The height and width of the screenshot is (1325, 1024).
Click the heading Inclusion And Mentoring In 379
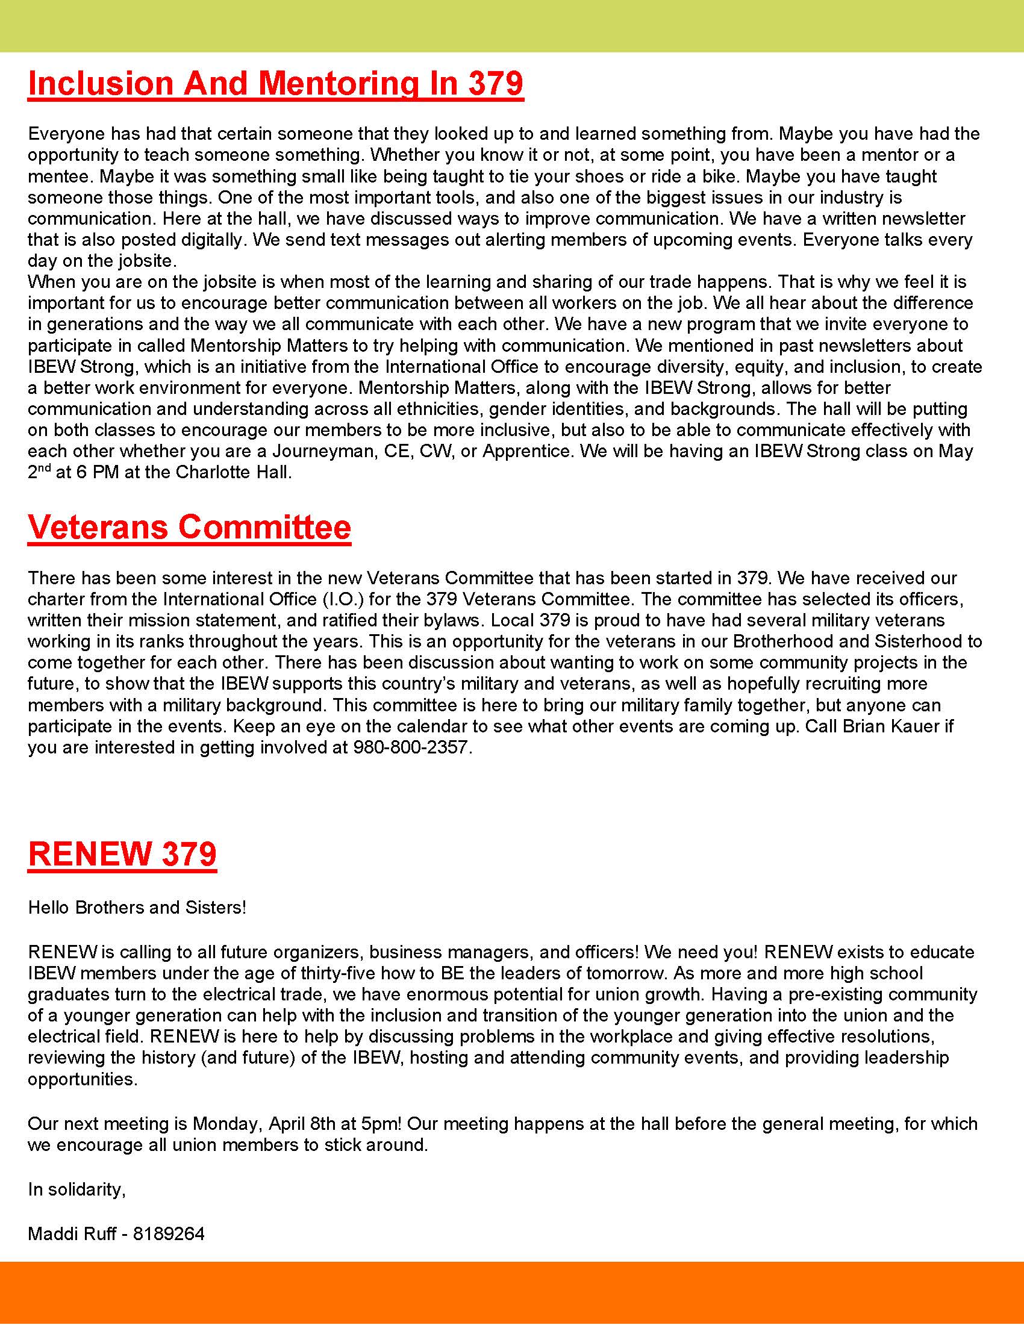[275, 83]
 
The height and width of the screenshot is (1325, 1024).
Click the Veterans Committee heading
[189, 526]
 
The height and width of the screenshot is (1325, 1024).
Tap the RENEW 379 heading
[122, 853]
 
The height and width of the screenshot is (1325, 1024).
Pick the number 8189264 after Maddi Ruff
[169, 1233]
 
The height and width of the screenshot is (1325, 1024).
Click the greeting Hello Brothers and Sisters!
[137, 908]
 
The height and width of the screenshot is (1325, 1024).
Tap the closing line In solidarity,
[76, 1189]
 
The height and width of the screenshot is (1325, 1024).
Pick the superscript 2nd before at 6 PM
[39, 471]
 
